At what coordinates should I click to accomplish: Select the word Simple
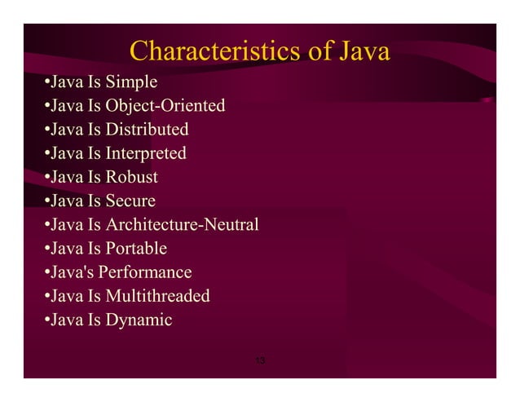(132, 82)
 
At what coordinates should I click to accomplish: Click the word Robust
(132, 177)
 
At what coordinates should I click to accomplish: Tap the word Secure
(130, 201)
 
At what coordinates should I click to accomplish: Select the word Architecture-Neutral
(183, 224)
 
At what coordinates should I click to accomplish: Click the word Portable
(136, 248)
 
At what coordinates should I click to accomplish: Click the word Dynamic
(139, 320)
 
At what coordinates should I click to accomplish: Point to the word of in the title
(319, 52)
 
